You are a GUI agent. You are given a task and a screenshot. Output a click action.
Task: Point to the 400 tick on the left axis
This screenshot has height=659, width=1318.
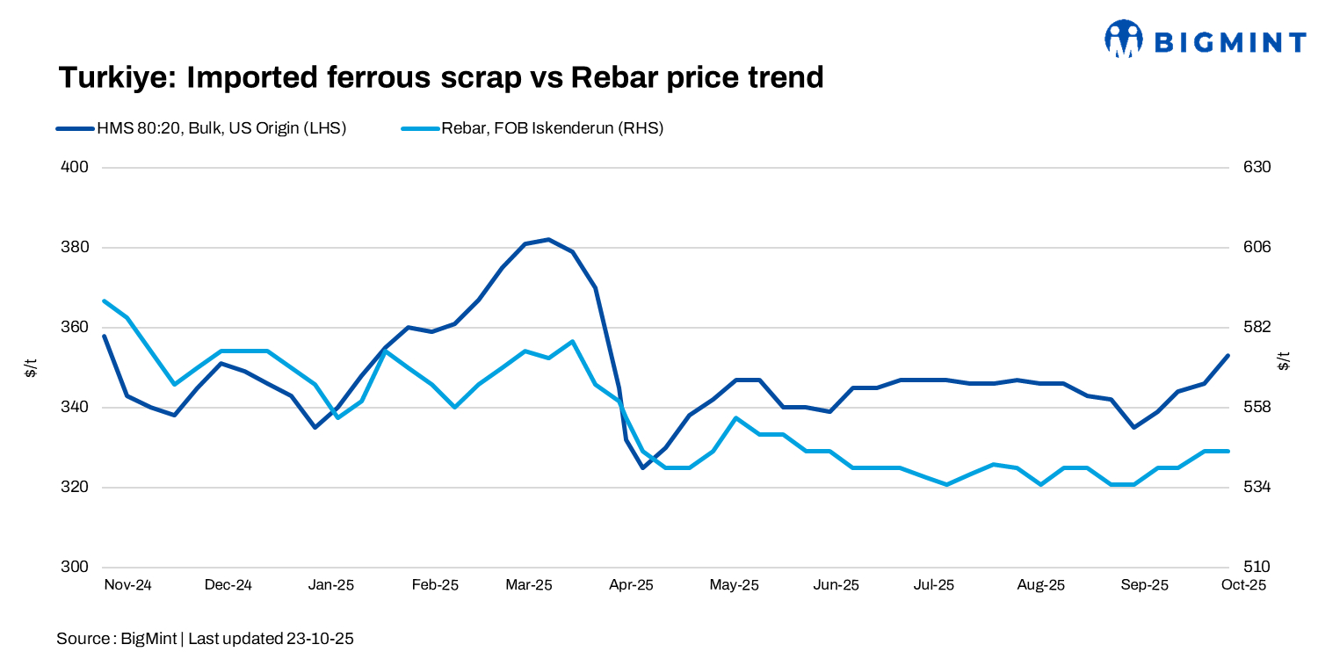pyautogui.click(x=76, y=167)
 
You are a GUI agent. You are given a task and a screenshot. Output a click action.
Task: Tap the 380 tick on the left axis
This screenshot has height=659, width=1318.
pyautogui.click(x=76, y=247)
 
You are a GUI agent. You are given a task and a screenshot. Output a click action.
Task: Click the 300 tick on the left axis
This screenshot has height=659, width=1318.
pyautogui.click(x=76, y=567)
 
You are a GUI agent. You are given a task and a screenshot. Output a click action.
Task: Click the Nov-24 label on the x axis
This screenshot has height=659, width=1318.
pyautogui.click(x=127, y=585)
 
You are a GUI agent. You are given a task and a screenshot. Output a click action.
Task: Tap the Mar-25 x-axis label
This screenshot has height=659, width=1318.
pyautogui.click(x=529, y=585)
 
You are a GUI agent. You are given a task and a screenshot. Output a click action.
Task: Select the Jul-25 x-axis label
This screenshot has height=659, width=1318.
pyautogui.click(x=933, y=585)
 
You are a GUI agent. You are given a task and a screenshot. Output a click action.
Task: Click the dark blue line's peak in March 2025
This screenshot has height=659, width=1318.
pyautogui.click(x=548, y=239)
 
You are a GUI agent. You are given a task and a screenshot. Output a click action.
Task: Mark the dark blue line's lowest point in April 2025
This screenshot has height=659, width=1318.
pyautogui.click(x=642, y=467)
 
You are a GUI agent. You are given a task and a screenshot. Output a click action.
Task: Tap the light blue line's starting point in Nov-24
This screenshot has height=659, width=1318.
pyautogui.click(x=105, y=301)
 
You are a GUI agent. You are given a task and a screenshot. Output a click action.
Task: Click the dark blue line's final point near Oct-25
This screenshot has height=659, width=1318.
pyautogui.click(x=1227, y=356)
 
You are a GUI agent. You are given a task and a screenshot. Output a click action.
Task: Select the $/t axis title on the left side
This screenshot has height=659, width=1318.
pyautogui.click(x=31, y=367)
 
